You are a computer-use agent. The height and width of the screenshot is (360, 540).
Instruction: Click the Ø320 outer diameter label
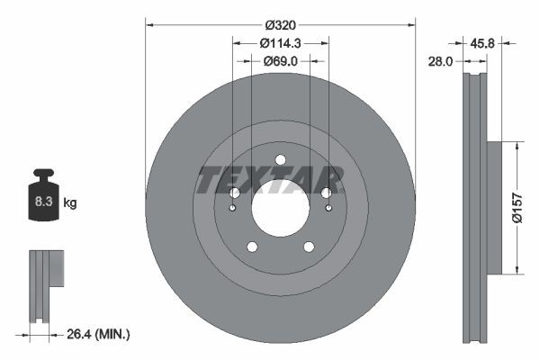280,24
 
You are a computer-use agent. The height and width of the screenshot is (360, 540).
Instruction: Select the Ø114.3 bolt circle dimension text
280,42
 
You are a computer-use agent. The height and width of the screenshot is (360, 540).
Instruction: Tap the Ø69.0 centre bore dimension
280,60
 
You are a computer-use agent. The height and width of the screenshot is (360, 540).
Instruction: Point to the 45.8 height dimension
484,41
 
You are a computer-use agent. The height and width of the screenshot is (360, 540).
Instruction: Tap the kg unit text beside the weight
69,203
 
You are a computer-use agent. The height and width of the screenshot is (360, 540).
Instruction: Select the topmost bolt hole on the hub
280,160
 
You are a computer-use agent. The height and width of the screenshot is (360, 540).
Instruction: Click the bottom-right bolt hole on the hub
309,247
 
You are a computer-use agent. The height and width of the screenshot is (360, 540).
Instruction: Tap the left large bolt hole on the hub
234,193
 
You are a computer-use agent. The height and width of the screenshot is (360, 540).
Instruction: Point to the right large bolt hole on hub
326,193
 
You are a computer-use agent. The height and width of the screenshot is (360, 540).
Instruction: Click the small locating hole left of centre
231,209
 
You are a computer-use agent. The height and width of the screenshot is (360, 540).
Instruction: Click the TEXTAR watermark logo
270,180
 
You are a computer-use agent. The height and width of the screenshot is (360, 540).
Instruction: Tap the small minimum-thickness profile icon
45,286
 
